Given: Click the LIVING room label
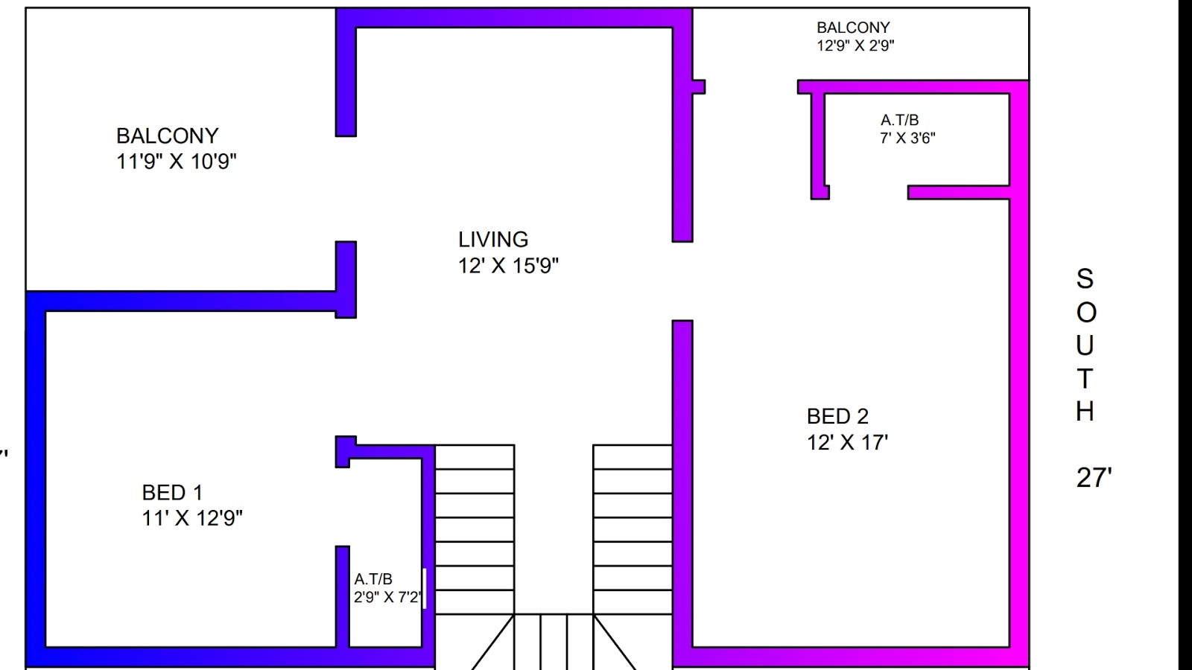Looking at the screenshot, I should (493, 240).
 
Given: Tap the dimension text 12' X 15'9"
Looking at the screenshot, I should (508, 266).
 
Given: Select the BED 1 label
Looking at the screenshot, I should (172, 493).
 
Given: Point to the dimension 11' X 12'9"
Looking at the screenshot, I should (192, 518).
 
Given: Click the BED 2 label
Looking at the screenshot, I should (837, 416).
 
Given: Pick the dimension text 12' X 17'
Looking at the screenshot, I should (847, 442).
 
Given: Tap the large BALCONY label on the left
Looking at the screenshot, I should (168, 136).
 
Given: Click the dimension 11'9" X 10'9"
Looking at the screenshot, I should (177, 162).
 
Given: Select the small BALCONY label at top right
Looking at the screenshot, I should (853, 28).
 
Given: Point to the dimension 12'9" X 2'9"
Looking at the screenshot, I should (855, 45).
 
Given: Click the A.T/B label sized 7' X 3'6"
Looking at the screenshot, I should (899, 120).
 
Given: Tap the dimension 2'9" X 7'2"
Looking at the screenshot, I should (387, 597).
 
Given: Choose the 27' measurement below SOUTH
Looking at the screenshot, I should (1094, 478).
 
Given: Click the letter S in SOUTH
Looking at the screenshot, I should (1085, 279).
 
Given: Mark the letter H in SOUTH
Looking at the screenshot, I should (1085, 412).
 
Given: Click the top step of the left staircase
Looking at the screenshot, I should (475, 457).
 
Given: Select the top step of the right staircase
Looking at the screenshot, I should (633, 457).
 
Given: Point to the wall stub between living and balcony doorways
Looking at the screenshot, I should (346, 279).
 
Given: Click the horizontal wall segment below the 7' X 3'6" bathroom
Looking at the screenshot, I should (958, 193).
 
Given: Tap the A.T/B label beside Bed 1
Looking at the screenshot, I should (373, 579).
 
